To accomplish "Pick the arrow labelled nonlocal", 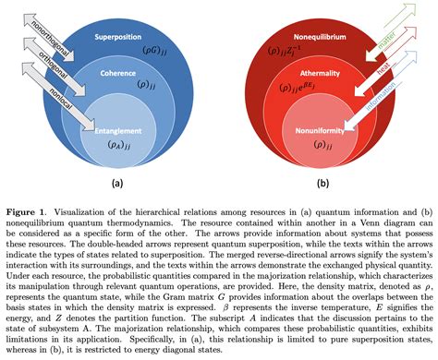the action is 58,99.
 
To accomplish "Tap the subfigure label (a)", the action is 117,182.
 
